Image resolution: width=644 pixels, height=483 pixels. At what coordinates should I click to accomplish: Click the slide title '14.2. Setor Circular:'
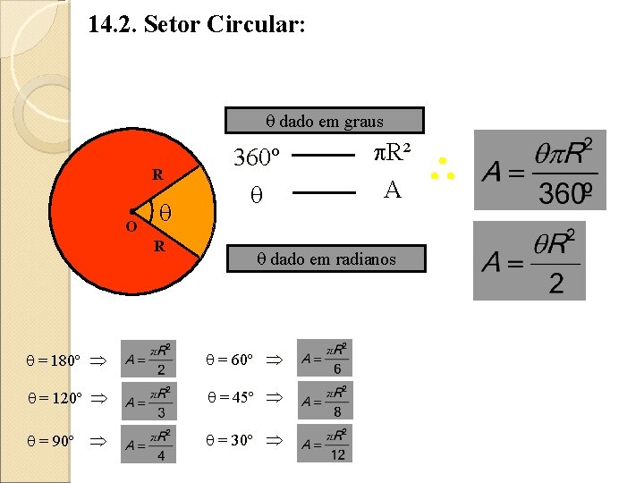coord(197,24)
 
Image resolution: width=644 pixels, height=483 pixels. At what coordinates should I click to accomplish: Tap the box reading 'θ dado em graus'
coord(324,121)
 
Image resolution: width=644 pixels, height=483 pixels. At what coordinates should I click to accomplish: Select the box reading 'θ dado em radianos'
coord(326,259)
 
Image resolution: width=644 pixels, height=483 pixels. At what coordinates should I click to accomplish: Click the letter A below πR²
coord(391,189)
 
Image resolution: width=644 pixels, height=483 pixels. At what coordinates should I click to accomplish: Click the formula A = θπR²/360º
coord(539,170)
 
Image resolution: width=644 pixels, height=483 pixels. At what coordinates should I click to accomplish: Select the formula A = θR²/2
coord(529,260)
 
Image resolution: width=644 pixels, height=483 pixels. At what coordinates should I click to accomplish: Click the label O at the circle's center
coord(131,227)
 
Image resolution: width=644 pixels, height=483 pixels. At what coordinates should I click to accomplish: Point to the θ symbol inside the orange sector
coord(165,213)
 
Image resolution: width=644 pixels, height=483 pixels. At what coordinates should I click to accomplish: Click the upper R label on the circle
coord(157,174)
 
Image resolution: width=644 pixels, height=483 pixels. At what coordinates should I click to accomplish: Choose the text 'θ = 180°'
coord(54,361)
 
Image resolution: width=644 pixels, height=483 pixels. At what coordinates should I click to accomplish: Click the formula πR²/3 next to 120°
coord(148,402)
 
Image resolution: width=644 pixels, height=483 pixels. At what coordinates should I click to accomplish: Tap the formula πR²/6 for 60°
coord(325,359)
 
